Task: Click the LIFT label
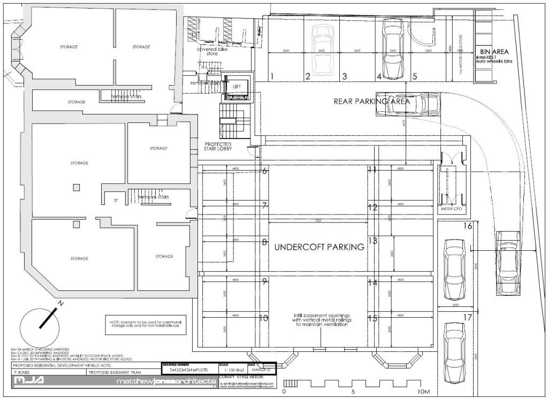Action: [237, 86]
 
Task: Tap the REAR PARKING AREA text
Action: [372, 101]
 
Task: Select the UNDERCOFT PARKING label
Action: [319, 247]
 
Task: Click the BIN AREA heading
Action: [494, 51]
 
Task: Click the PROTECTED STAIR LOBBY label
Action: [218, 148]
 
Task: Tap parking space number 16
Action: [467, 226]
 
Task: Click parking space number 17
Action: [467, 318]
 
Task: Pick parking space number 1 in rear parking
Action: [272, 76]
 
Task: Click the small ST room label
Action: [115, 201]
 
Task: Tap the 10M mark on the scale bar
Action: [423, 391]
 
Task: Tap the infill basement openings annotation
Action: [320, 320]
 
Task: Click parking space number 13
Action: [372, 241]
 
